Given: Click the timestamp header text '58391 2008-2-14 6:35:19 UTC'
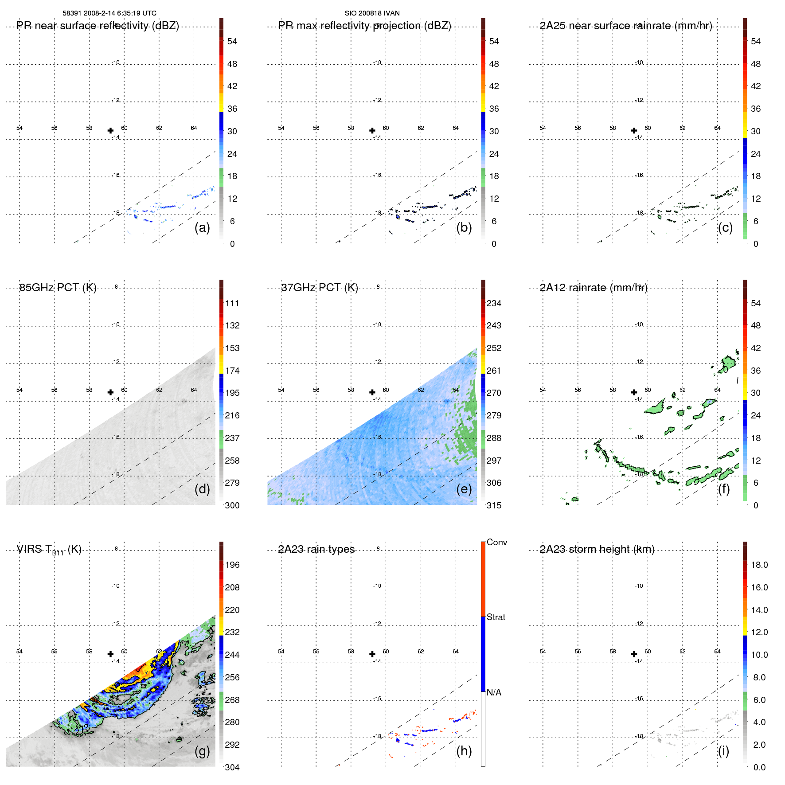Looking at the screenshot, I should pyautogui.click(x=109, y=13).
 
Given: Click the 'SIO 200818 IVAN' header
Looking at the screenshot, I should pyautogui.click(x=372, y=13).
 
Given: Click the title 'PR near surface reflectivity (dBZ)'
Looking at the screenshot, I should pyautogui.click(x=98, y=26).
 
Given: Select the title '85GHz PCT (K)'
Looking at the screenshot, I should pyautogui.click(x=58, y=288).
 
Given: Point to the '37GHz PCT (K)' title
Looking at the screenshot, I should pyautogui.click(x=320, y=288).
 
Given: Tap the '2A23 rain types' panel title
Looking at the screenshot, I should pyautogui.click(x=316, y=549).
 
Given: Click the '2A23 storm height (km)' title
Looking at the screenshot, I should pyautogui.click(x=597, y=549).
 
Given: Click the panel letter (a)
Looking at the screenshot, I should pyautogui.click(x=202, y=228).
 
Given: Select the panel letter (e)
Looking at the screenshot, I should pyautogui.click(x=464, y=489).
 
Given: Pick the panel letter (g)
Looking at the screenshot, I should pyautogui.click(x=202, y=751).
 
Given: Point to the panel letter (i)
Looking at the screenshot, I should pyautogui.click(x=723, y=751).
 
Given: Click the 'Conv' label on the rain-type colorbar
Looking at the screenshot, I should pyautogui.click(x=497, y=542).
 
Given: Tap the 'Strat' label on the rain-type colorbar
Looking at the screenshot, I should pyautogui.click(x=496, y=617).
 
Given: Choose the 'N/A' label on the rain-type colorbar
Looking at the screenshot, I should pyautogui.click(x=494, y=692).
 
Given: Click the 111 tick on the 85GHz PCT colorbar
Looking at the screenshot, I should pyautogui.click(x=232, y=304).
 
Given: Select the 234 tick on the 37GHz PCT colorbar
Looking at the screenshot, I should pyautogui.click(x=494, y=304).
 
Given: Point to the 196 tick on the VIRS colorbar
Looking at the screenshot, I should pyautogui.click(x=232, y=565).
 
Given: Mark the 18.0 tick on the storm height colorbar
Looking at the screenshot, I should pyautogui.click(x=759, y=565).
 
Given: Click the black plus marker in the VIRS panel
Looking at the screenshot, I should pyautogui.click(x=110, y=654).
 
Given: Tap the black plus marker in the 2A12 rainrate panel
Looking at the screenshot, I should pyautogui.click(x=634, y=392).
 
